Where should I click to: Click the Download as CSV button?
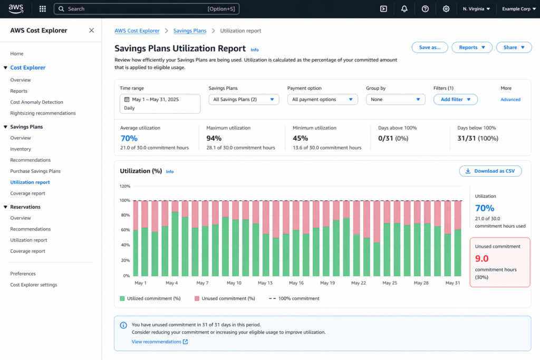coord(490,171)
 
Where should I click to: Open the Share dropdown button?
coord(514,47)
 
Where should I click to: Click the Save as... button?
coord(429,47)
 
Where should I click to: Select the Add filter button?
coord(456,99)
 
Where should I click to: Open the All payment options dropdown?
coord(322,99)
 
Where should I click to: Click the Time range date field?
coord(160,103)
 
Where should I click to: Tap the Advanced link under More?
coord(510,100)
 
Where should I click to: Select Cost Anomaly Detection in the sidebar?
coord(36,102)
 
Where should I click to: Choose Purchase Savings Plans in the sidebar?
coord(35,171)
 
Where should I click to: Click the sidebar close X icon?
coord(91,31)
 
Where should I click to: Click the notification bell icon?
coord(404,9)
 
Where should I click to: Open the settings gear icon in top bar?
coord(446,9)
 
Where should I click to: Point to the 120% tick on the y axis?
coord(125,186)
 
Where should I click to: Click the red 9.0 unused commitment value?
coord(481,258)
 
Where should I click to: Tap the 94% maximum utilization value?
coord(214,138)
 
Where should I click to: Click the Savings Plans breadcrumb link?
coord(190,31)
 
